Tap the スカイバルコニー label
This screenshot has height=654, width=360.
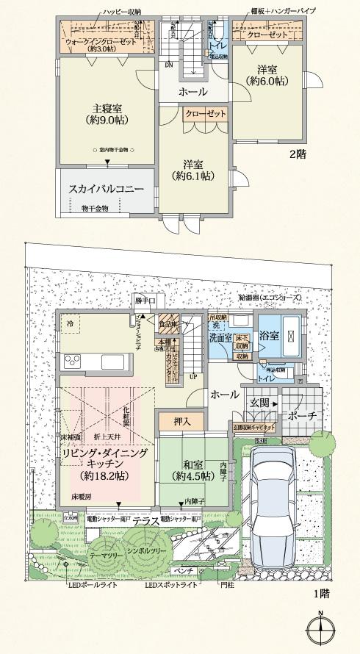(107, 189)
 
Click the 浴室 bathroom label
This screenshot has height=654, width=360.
(270, 335)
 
